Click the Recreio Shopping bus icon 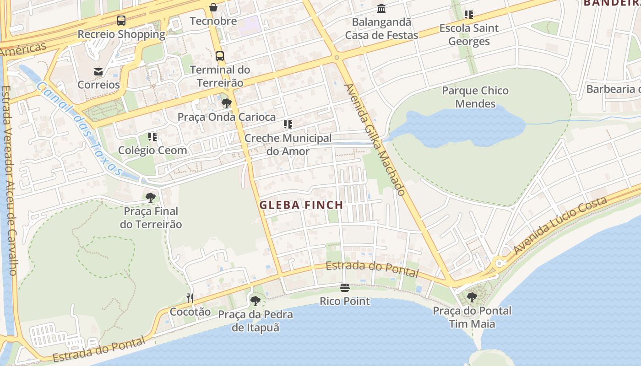tap(121, 21)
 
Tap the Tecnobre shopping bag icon tap(213, 7)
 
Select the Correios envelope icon tap(98, 71)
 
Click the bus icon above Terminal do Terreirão tap(220, 56)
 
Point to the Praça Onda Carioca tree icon tap(227, 103)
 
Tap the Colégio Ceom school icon tap(152, 136)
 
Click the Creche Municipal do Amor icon tap(288, 124)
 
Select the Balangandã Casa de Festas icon tap(381, 9)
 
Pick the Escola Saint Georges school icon tap(468, 15)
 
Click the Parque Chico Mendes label tap(475, 97)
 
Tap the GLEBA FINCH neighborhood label tap(301, 205)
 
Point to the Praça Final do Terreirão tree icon tap(151, 198)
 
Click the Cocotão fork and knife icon tap(190, 298)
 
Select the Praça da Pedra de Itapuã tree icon tap(255, 301)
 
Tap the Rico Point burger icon tap(345, 288)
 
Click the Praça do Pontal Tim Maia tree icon tap(472, 297)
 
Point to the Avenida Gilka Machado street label tap(375, 140)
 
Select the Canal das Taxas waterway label tap(80, 129)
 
